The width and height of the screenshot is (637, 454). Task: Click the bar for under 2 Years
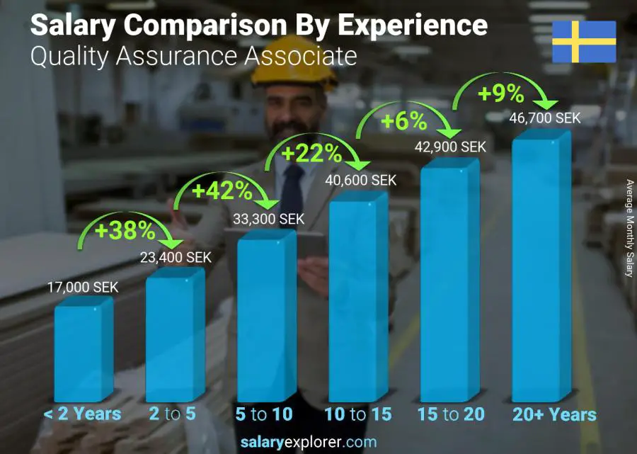pos(83,351)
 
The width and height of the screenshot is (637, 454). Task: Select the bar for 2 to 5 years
pos(174,336)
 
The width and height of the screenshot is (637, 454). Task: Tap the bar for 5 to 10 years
pos(265,320)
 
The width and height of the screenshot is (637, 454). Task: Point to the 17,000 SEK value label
pos(83,288)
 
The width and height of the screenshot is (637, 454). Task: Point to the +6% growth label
pos(403,121)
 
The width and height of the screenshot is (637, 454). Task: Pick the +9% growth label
pos(500,93)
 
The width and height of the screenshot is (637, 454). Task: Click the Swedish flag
pos(584,42)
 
